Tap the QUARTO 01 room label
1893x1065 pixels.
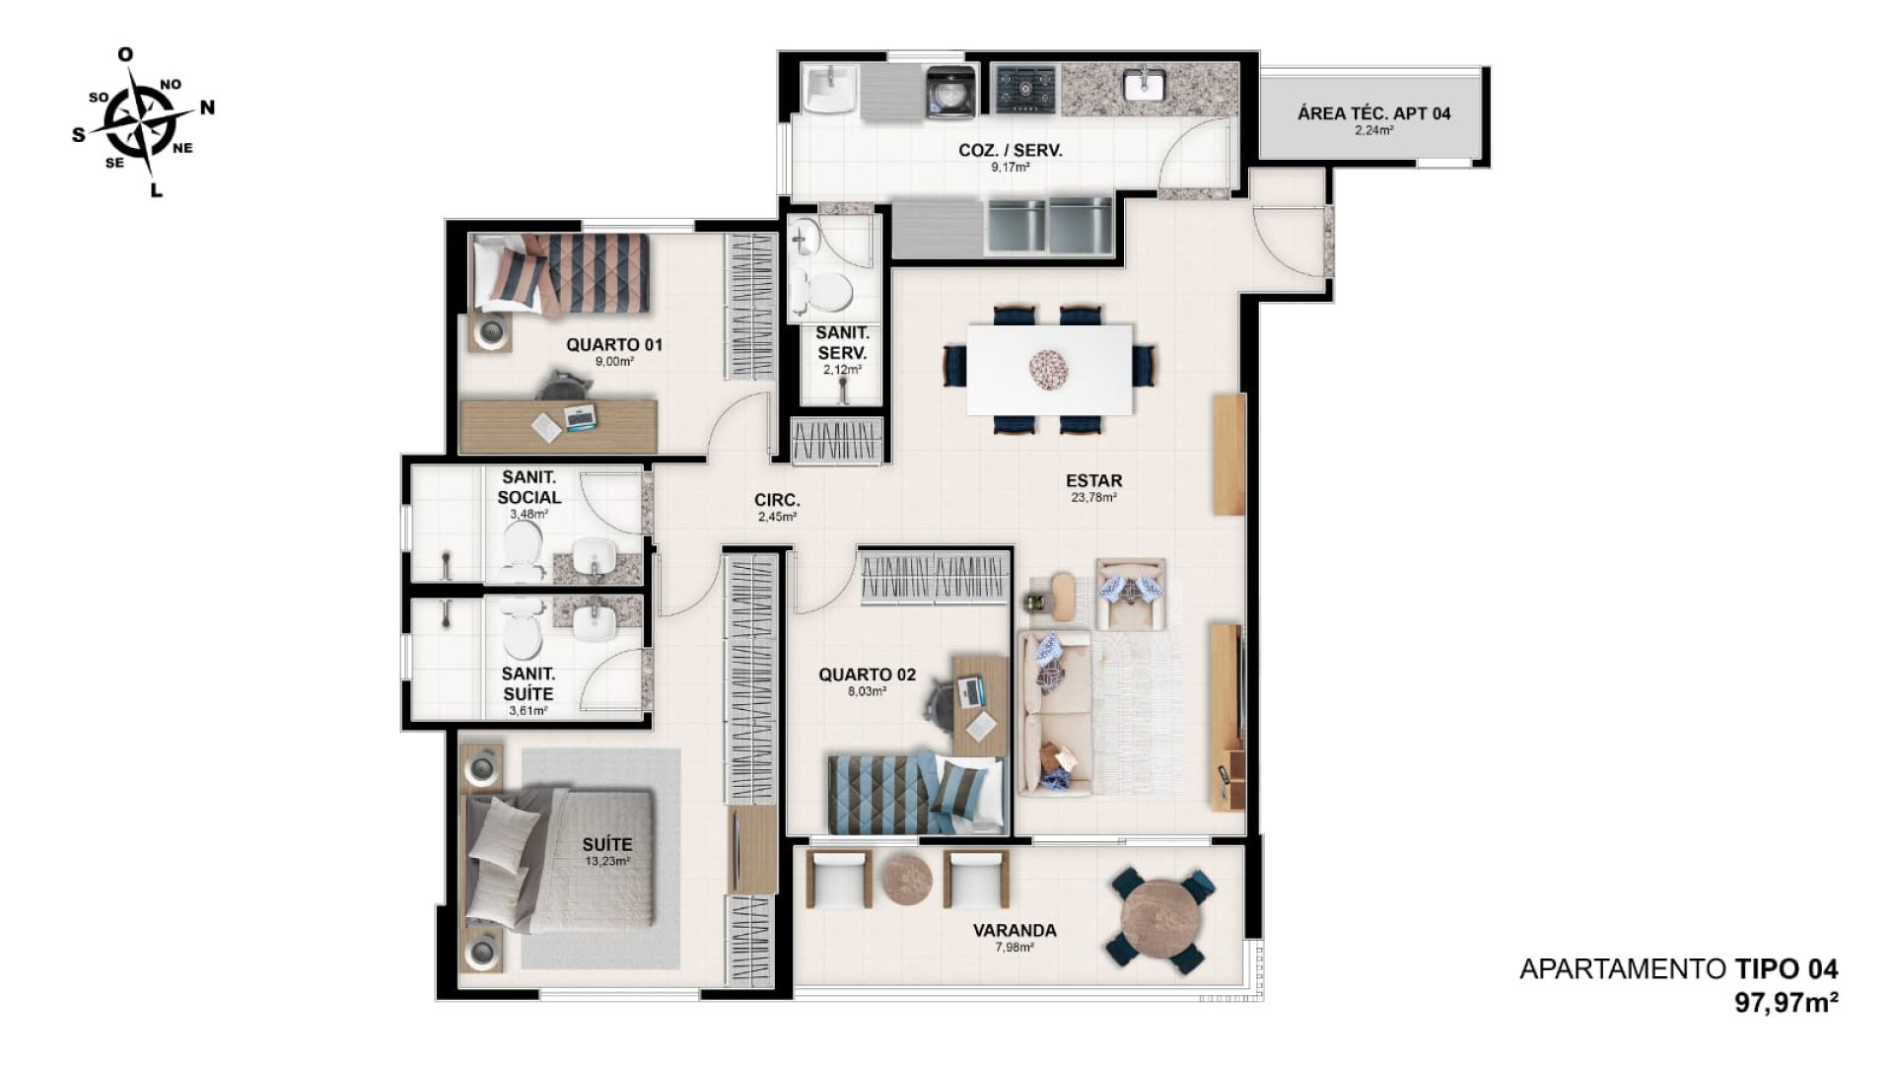614,345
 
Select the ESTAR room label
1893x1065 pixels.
1093,481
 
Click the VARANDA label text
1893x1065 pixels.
1015,930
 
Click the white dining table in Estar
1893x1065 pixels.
1049,370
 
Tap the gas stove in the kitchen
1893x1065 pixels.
1024,90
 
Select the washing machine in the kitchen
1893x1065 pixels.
950,92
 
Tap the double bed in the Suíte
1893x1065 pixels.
559,857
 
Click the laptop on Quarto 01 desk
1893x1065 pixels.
580,417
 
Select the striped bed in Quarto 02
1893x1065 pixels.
914,794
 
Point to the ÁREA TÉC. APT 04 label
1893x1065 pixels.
1373,113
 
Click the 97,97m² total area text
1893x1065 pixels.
1787,1003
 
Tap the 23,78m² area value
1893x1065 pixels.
1093,498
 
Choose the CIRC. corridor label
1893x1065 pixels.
777,500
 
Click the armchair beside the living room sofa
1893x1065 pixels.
1131,594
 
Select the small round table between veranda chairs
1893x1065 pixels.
906,879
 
